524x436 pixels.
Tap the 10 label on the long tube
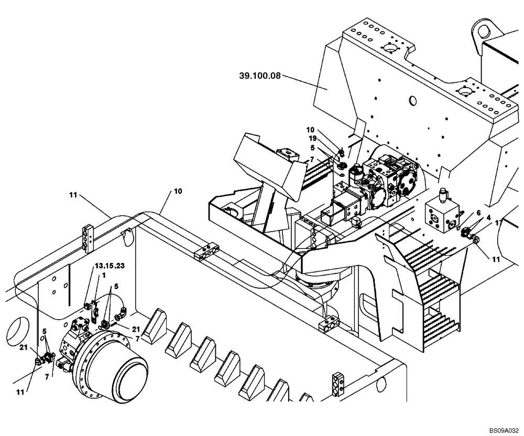click(178, 192)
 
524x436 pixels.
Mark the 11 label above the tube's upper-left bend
click(72, 195)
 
